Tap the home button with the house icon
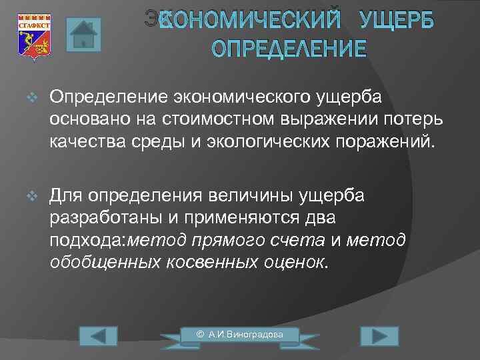point(83,35)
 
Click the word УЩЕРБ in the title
point(396,21)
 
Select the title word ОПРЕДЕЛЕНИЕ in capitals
point(289,49)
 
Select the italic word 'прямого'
point(219,241)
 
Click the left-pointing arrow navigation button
point(98,336)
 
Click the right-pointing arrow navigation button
point(379,336)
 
